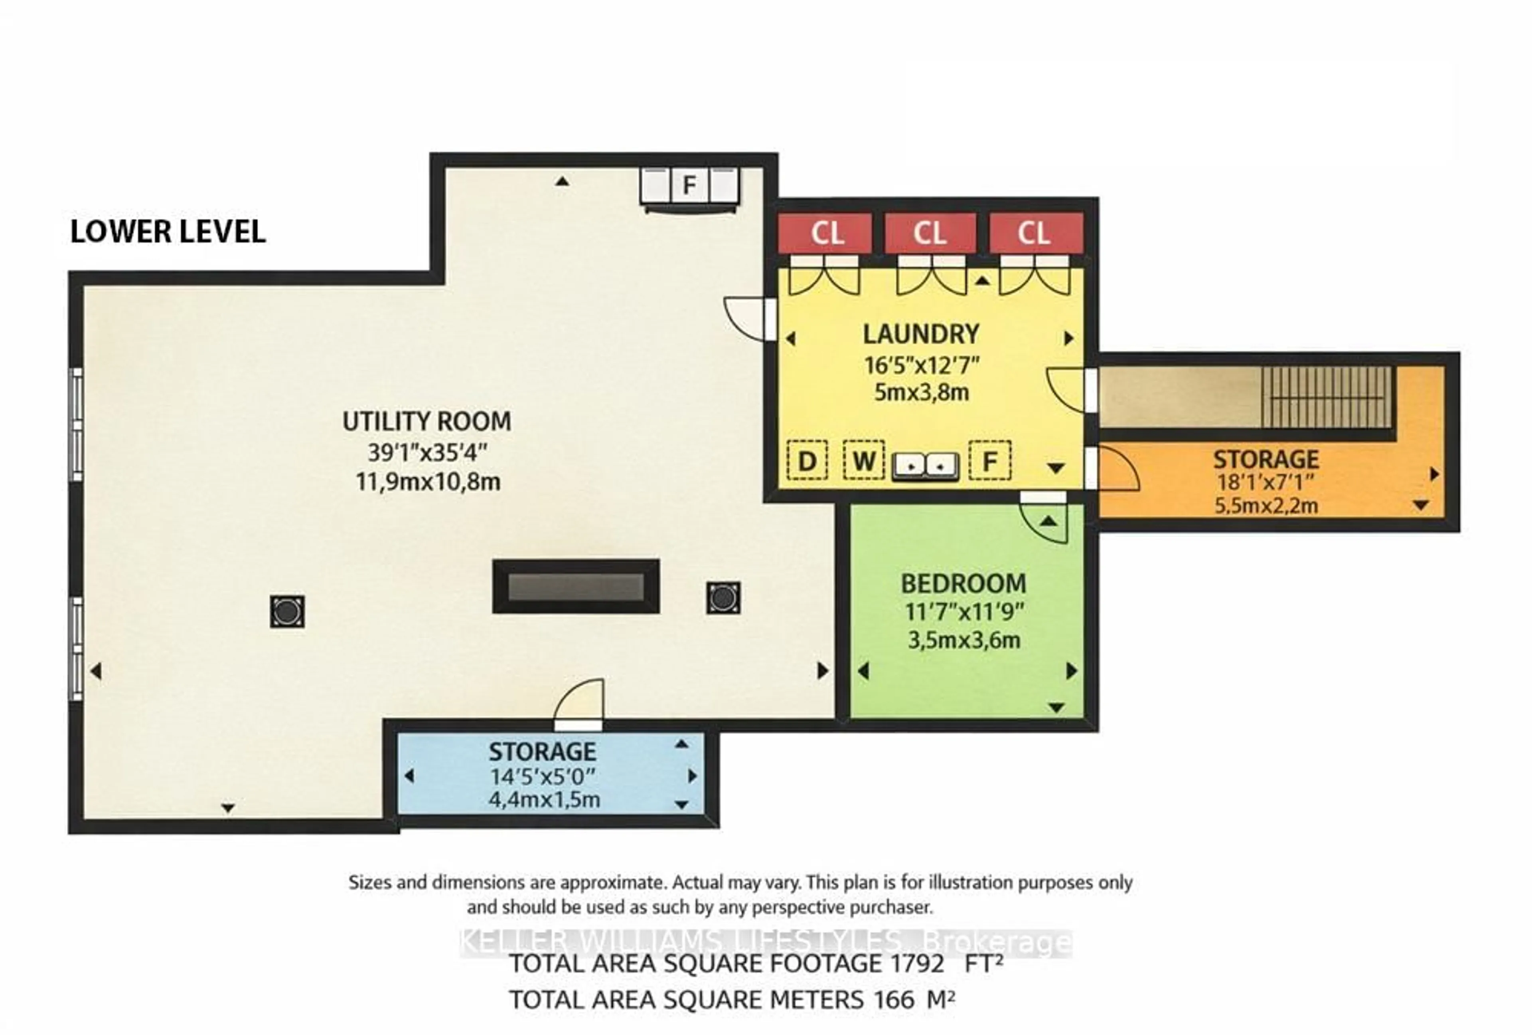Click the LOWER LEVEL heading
click(x=168, y=232)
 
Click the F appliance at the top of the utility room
click(x=689, y=185)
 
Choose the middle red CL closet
click(x=930, y=233)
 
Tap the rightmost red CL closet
click(x=1035, y=233)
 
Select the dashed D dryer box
click(x=807, y=460)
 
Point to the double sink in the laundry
click(x=925, y=466)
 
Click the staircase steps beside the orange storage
click(x=1326, y=398)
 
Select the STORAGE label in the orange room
click(x=1265, y=459)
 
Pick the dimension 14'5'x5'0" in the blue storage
click(x=542, y=776)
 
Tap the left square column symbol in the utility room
click(x=287, y=611)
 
